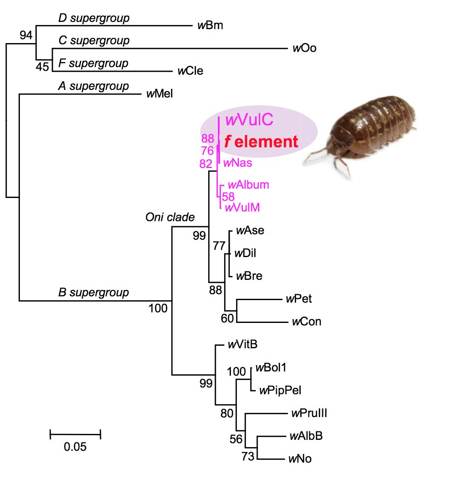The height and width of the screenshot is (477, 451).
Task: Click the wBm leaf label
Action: click(x=210, y=26)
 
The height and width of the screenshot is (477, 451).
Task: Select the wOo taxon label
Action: click(x=304, y=48)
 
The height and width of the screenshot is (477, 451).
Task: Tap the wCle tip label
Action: click(x=190, y=71)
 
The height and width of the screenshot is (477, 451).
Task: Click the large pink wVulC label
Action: click(x=249, y=120)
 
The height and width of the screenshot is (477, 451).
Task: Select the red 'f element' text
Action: click(x=261, y=142)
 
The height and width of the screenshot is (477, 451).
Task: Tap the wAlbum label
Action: click(x=248, y=185)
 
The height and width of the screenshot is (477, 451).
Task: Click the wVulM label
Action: click(x=242, y=207)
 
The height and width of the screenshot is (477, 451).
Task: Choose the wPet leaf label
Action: click(x=299, y=299)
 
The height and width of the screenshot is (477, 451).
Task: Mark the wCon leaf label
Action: click(x=306, y=322)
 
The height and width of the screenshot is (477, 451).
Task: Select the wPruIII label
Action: click(x=309, y=413)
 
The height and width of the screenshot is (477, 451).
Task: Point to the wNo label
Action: click(x=300, y=458)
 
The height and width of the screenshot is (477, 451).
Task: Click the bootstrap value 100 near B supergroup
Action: click(x=158, y=309)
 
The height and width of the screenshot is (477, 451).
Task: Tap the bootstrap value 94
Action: click(x=26, y=35)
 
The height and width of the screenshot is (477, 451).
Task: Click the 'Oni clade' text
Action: click(x=170, y=217)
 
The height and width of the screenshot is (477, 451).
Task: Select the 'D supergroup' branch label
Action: click(x=94, y=18)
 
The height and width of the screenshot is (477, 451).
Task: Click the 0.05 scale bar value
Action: click(x=75, y=447)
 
